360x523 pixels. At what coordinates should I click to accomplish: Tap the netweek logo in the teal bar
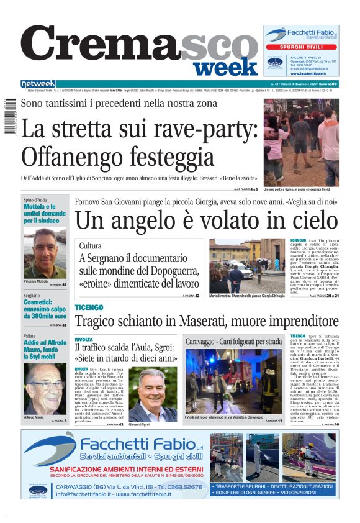coord(38,84)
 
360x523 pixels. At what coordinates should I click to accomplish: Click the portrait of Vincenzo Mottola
coord(45,252)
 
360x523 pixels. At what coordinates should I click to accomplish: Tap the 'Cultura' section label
coord(91,246)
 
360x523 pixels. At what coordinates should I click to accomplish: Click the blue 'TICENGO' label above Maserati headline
coord(89,308)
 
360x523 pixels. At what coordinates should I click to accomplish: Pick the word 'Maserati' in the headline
coord(219,322)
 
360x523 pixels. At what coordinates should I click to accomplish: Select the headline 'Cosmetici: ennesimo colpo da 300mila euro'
coord(45,311)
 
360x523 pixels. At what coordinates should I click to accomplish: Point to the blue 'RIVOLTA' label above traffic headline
coord(84,340)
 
